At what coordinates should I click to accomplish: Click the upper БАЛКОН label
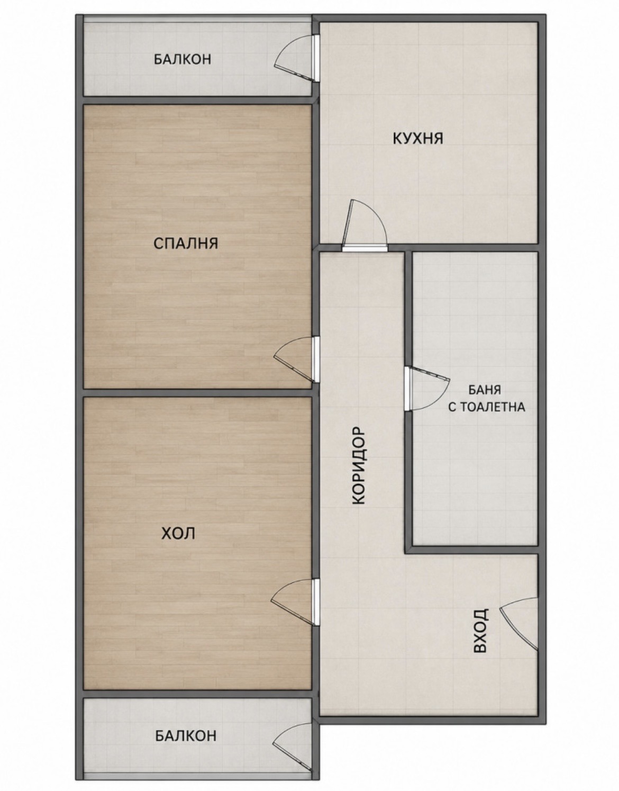tap(182, 59)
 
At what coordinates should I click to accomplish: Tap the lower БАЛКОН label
tap(186, 724)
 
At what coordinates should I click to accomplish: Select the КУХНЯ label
tap(418, 138)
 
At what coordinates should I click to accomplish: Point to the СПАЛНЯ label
tap(186, 243)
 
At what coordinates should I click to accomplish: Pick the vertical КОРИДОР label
tap(359, 466)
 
